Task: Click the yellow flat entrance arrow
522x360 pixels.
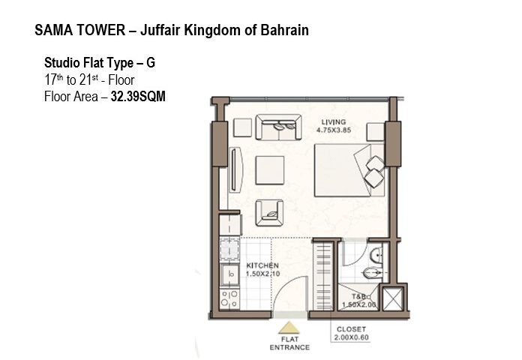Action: pyautogui.click(x=289, y=328)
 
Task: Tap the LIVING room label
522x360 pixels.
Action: pyautogui.click(x=334, y=122)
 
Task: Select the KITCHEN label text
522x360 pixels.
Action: pyautogui.click(x=262, y=265)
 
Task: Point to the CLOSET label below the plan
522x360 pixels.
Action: pyautogui.click(x=351, y=329)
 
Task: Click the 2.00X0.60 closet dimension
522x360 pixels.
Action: pyautogui.click(x=351, y=337)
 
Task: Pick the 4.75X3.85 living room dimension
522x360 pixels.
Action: pyautogui.click(x=334, y=130)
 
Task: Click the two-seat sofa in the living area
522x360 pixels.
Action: pyautogui.click(x=279, y=127)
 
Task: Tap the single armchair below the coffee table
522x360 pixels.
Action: pyautogui.click(x=270, y=213)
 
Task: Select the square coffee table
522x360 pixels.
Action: pyautogui.click(x=270, y=170)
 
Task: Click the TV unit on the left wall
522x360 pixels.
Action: pyautogui.click(x=235, y=169)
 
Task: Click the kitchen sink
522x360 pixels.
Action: pyautogui.click(x=230, y=274)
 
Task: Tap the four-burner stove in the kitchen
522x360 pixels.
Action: pyautogui.click(x=229, y=298)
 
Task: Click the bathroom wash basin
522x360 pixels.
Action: pyautogui.click(x=376, y=255)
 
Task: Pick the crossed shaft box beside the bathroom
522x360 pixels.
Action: pyautogui.click(x=392, y=298)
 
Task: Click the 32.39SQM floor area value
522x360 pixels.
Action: pyautogui.click(x=138, y=97)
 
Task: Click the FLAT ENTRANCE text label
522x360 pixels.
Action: pyautogui.click(x=289, y=343)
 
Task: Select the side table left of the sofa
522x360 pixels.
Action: pyautogui.click(x=243, y=127)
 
